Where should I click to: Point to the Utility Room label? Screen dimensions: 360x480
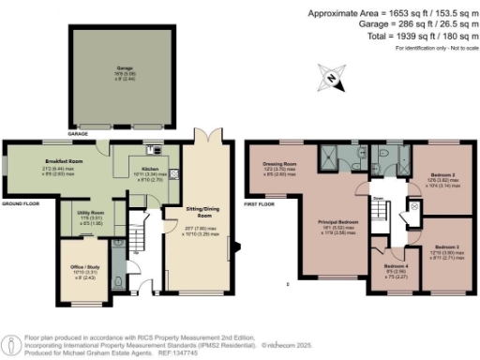tap(90, 214)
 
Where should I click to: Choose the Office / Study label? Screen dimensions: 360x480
tap(84, 269)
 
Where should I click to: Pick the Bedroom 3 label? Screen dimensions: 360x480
tap(445, 248)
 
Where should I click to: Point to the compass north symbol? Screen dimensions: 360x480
tap(331, 74)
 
